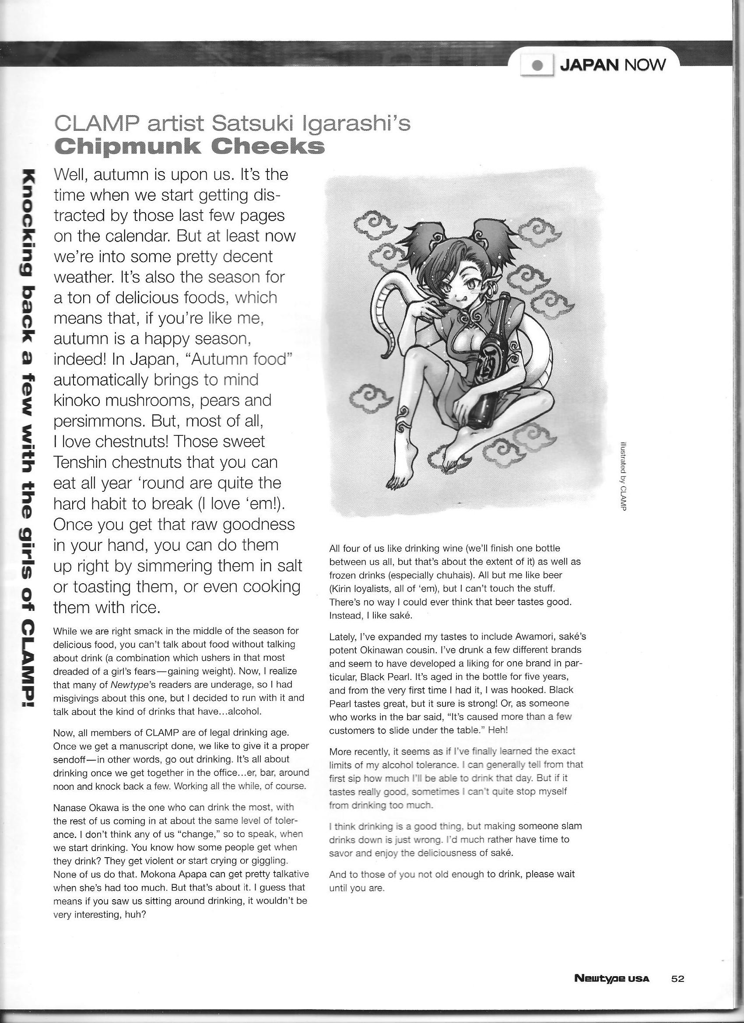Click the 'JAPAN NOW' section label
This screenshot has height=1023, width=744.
612,65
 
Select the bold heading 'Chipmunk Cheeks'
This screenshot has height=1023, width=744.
189,146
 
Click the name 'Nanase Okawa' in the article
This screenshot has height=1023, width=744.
84,807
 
